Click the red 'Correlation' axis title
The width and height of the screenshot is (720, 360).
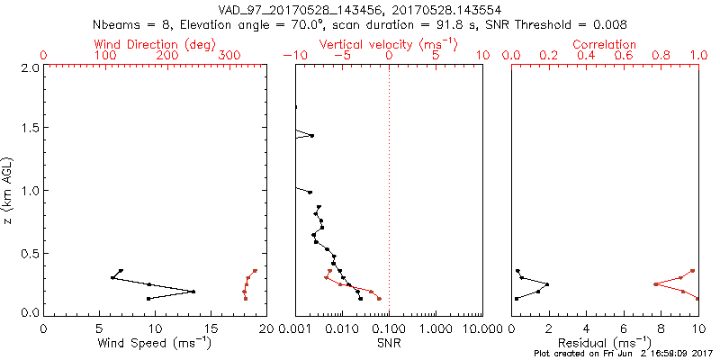coord(606,44)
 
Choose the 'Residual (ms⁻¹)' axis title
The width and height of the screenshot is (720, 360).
coord(606,342)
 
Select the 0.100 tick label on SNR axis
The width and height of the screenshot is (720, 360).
coord(388,328)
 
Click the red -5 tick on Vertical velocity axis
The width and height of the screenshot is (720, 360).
coord(341,56)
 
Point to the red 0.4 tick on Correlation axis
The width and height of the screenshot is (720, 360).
coord(587,56)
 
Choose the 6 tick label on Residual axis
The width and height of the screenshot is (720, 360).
coord(624,328)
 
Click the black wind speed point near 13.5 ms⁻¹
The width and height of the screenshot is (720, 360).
coord(193,292)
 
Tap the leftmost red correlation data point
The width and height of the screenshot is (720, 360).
coord(655,284)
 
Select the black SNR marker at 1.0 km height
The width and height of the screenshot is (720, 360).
coord(310,192)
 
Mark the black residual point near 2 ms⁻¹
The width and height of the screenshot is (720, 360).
coord(547,284)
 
